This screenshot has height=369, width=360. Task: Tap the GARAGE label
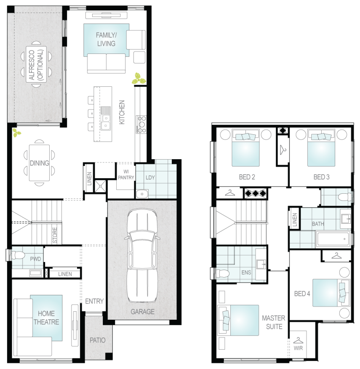[142, 312]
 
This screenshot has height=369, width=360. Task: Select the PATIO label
[97, 340]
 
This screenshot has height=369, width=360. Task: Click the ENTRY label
[94, 301]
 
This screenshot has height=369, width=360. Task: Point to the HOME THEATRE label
[46, 318]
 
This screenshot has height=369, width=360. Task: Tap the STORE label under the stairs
[55, 235]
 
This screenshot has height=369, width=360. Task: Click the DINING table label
[39, 163]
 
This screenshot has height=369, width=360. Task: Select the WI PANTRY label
[126, 175]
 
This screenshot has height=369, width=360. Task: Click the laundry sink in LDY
[142, 194]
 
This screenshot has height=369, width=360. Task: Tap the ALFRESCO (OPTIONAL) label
[36, 65]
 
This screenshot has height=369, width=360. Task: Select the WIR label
[298, 348]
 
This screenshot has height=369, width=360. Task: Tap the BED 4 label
[302, 294]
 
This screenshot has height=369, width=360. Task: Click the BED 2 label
[247, 177]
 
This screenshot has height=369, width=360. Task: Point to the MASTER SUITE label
[274, 322]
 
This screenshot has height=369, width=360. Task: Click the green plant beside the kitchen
[139, 79]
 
